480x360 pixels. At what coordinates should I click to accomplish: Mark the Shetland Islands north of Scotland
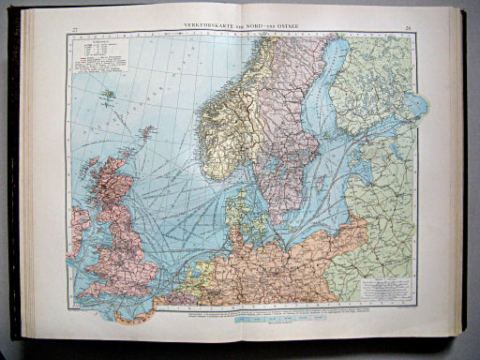coord(148,133)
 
